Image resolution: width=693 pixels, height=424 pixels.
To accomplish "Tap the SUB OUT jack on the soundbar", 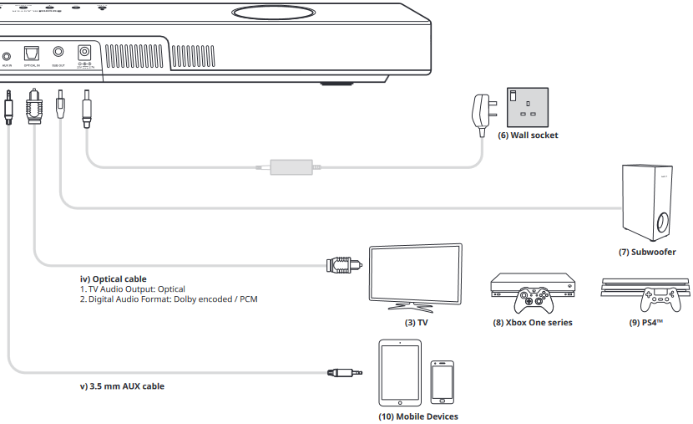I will (58, 52).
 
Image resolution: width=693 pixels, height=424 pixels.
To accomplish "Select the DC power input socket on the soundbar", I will (83, 53).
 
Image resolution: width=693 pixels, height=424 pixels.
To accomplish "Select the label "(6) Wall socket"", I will (528, 135).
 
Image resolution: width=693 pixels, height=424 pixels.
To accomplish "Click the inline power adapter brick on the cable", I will (291, 167).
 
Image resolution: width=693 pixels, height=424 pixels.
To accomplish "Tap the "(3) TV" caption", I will (415, 322).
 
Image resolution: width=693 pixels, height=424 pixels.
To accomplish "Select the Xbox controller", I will (531, 298).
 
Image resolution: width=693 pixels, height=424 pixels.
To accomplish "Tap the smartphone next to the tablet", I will (442, 382).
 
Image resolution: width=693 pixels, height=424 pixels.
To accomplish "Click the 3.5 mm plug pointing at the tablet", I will (345, 372).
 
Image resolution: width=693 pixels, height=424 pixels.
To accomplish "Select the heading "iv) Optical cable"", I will (112, 278).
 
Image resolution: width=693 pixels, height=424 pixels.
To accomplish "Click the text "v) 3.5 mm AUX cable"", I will (121, 386).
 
